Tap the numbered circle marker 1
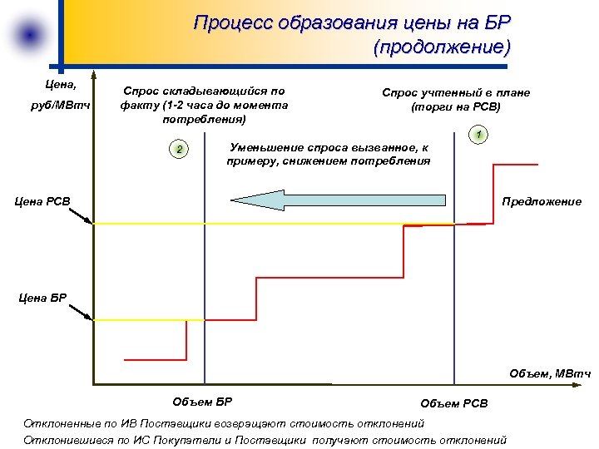[479, 135]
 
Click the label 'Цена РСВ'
[44, 200]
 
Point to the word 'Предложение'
[542, 201]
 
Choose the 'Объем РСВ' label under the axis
[454, 403]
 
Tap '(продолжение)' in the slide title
[442, 47]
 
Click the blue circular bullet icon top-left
[30, 35]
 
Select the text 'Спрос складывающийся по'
[204, 91]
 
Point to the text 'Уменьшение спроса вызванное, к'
[328, 146]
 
